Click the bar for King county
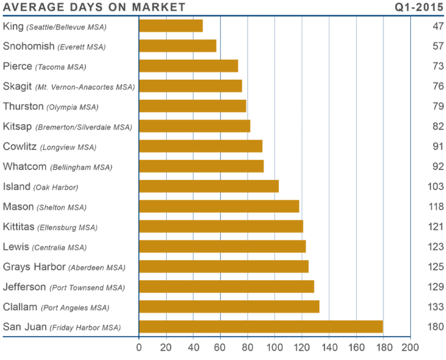(171, 26)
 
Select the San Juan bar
(261, 327)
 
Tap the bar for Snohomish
(178, 46)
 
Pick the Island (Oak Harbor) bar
(210, 186)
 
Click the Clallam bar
(229, 307)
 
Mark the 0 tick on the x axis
(139, 346)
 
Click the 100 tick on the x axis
(275, 346)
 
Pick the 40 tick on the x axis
(193, 346)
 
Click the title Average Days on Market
(94, 7)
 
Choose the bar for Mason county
(219, 206)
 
